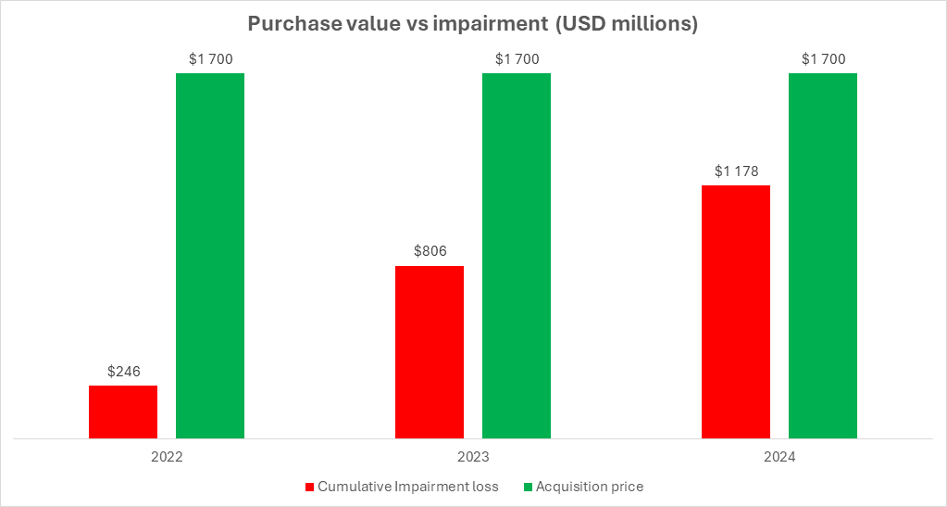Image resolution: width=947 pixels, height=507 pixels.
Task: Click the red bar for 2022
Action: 123,412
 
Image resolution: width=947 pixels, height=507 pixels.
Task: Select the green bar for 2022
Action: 210,256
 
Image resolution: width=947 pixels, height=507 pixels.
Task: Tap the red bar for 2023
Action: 430,352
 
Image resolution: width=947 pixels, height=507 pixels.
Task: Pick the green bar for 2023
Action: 517,256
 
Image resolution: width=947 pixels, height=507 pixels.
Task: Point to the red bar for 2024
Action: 736,312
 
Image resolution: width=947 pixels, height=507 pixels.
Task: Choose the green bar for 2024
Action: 823,256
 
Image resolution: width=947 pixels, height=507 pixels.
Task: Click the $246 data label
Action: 124,372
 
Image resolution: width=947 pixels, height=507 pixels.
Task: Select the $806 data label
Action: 430,251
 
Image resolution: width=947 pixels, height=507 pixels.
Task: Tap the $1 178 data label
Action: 736,171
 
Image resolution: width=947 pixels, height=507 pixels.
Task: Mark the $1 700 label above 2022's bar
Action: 211,59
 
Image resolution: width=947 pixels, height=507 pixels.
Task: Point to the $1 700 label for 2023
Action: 517,59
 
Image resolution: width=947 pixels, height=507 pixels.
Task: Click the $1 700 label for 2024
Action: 823,59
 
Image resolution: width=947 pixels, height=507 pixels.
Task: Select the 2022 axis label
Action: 167,457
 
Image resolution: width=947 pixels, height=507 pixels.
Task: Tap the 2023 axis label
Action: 473,457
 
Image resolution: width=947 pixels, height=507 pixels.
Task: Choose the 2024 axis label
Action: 779,457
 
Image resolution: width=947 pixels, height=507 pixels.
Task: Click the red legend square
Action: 310,487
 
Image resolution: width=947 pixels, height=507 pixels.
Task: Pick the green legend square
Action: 528,487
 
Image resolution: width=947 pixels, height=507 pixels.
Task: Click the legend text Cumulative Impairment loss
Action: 408,487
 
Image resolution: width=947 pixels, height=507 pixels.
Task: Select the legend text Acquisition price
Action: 590,487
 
